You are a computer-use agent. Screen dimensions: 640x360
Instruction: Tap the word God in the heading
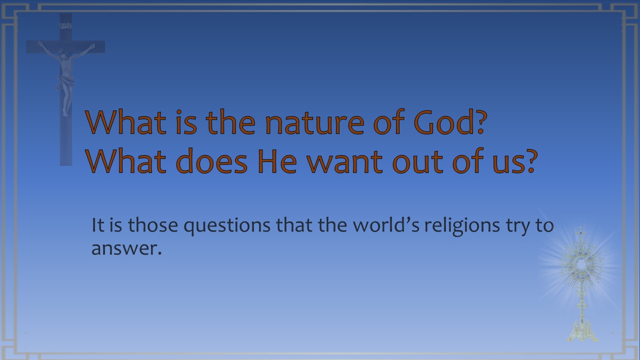(x=444, y=122)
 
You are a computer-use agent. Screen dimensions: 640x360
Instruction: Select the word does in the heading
(x=211, y=161)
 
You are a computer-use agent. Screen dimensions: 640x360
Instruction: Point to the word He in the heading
(x=277, y=161)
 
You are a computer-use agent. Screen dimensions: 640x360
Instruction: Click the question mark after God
(x=481, y=122)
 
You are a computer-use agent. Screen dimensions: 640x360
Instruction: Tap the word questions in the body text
(x=227, y=226)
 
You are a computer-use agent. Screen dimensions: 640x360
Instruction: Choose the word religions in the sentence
(x=462, y=226)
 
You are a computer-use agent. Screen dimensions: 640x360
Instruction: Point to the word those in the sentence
(x=153, y=225)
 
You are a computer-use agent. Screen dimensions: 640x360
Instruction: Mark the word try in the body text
(x=517, y=227)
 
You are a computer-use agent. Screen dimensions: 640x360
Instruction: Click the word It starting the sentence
(x=97, y=225)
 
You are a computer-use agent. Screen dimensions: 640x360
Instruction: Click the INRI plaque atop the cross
(x=65, y=26)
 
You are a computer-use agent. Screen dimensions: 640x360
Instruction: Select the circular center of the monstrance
(x=581, y=264)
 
